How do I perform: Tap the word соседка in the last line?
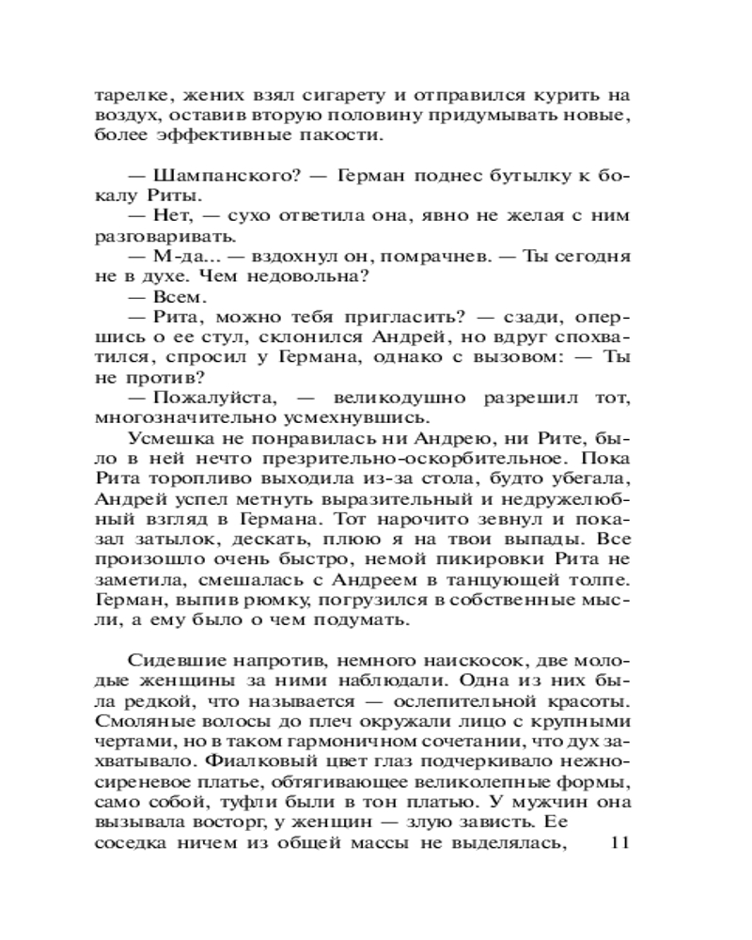pos(132,843)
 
